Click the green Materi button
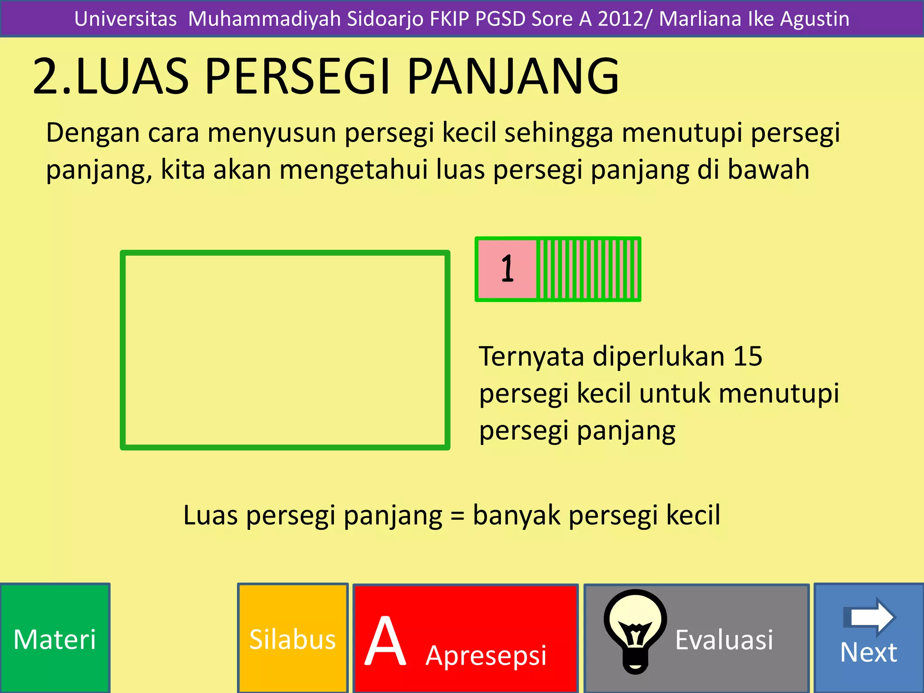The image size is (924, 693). (x=55, y=638)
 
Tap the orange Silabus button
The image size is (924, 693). (x=293, y=638)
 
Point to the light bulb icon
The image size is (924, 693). (x=635, y=630)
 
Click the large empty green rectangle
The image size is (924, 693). (x=285, y=350)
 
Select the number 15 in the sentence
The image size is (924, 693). (x=748, y=356)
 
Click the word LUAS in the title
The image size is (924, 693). (x=132, y=77)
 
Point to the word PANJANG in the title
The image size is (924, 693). (x=513, y=77)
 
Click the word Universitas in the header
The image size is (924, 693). (x=125, y=19)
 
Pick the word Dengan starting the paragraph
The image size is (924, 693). (x=92, y=134)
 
